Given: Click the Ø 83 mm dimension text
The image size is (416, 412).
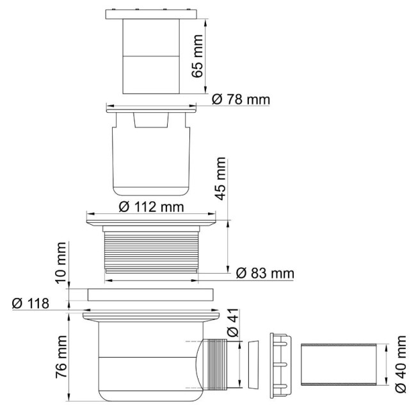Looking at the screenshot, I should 264,274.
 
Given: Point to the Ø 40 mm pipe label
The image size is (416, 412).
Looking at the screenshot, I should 402,364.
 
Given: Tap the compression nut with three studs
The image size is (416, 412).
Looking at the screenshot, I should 280,363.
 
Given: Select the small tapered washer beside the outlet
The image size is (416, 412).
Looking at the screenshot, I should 253,364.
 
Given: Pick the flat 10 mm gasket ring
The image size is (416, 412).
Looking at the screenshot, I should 151,295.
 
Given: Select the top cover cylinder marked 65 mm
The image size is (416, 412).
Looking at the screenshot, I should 152,54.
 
